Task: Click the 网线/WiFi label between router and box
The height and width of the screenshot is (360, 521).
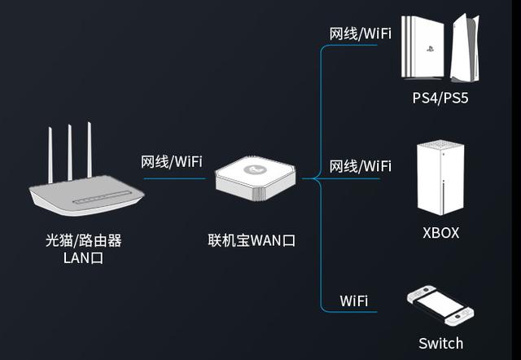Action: [x=171, y=161]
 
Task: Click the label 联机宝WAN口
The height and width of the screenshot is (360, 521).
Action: [x=251, y=241]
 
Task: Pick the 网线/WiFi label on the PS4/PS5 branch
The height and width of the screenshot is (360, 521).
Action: [x=359, y=34]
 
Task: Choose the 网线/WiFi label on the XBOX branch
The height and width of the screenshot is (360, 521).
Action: [x=359, y=166]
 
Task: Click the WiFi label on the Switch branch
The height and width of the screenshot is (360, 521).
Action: [x=353, y=301]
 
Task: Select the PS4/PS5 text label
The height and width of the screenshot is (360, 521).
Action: [x=440, y=99]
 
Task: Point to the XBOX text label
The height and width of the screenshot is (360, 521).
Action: [x=440, y=233]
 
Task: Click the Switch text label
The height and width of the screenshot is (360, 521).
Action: [x=440, y=343]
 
